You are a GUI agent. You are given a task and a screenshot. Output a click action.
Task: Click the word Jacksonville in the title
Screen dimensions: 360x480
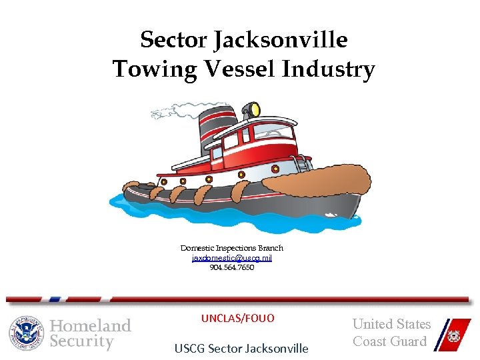pyautogui.click(x=280, y=40)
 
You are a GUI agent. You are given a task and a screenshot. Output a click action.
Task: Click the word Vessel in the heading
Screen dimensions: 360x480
pyautogui.click(x=243, y=69)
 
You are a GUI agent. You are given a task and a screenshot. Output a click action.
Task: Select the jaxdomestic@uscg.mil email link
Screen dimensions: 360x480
pyautogui.click(x=232, y=258)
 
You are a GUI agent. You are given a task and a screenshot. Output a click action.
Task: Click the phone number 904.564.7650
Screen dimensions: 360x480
pyautogui.click(x=232, y=267)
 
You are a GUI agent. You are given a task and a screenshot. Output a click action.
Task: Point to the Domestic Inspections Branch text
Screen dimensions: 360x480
pyautogui.click(x=232, y=248)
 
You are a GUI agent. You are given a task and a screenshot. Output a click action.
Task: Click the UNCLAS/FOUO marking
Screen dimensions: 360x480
pyautogui.click(x=237, y=319)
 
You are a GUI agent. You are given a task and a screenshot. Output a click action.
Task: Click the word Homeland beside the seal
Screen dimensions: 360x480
pyautogui.click(x=91, y=326)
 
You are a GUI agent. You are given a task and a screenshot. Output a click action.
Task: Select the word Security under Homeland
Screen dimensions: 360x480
pyautogui.click(x=82, y=342)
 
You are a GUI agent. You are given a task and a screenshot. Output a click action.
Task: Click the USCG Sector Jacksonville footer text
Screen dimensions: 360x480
pyautogui.click(x=241, y=348)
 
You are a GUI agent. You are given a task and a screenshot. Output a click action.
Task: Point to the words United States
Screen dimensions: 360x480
pyautogui.click(x=391, y=325)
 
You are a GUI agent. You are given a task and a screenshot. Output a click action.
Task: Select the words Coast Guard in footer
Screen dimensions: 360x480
pyautogui.click(x=389, y=341)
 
